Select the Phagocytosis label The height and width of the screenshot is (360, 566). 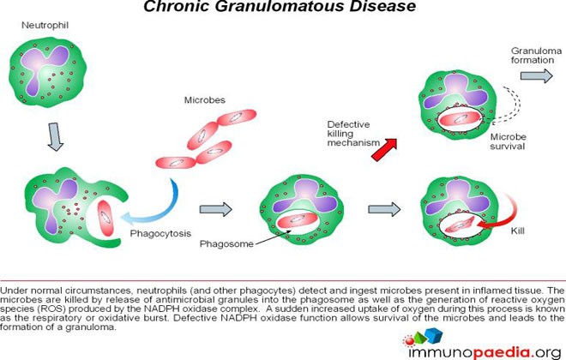(160, 232)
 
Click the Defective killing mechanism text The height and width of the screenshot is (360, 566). (347, 134)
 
